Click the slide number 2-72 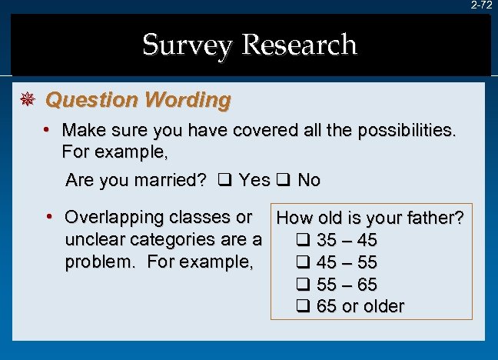tap(482, 5)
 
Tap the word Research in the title tap(299, 45)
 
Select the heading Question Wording tap(138, 100)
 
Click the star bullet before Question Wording tap(26, 100)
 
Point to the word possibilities tap(407, 131)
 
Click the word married tap(167, 181)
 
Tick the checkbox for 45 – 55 tap(303, 262)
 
